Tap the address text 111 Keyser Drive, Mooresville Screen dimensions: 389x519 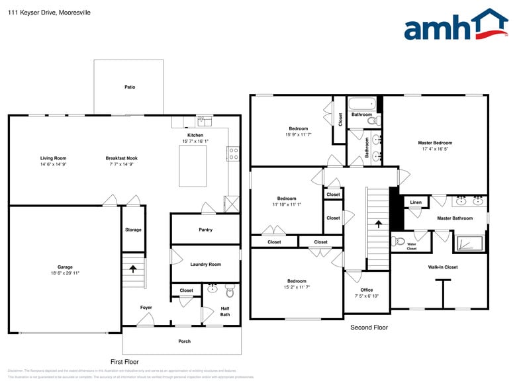pyautogui.click(x=50, y=13)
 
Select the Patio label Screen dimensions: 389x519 pyautogui.click(x=130, y=87)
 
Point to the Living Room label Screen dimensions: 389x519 pyautogui.click(x=53, y=158)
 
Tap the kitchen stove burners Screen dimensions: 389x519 pyautogui.click(x=234, y=153)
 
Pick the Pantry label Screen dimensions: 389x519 pyautogui.click(x=205, y=230)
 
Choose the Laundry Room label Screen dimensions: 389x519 pyautogui.click(x=205, y=264)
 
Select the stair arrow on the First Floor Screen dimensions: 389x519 pyautogui.click(x=133, y=269)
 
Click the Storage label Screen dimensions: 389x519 pyautogui.click(x=133, y=230)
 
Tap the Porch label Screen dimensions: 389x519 pyautogui.click(x=185, y=341)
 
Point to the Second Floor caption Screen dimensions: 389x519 pyautogui.click(x=369, y=327)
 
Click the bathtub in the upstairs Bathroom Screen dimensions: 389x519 pyautogui.click(x=362, y=104)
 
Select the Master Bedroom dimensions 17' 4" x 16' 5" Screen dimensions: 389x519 pyautogui.click(x=435, y=150)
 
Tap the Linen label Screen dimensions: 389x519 pyautogui.click(x=416, y=202)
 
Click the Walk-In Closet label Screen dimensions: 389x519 pyautogui.click(x=443, y=267)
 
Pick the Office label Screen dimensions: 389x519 pyautogui.click(x=367, y=290)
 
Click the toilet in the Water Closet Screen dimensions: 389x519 pyautogui.click(x=399, y=241)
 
